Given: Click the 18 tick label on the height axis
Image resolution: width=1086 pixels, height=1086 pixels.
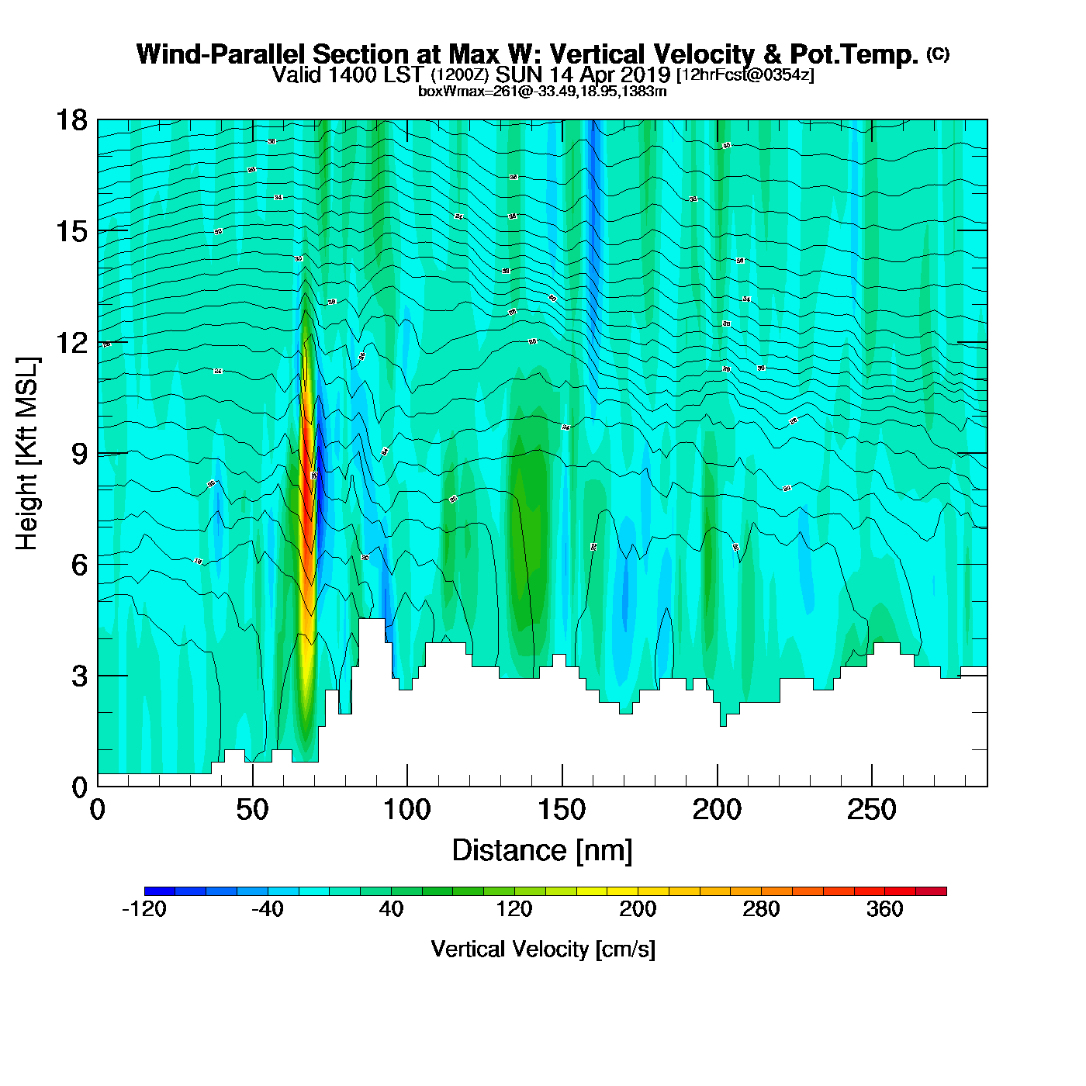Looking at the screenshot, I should coord(71,120).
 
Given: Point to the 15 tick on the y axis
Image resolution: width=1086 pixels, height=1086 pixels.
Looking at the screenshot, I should coord(71,231).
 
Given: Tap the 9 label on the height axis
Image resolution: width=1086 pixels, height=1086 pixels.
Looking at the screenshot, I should coord(79,454).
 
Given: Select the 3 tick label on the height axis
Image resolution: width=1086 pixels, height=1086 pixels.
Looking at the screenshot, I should coord(79,676).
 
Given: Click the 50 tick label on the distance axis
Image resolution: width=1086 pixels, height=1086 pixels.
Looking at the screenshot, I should coord(252,811).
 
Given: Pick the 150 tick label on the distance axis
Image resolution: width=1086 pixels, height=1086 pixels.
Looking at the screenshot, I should coord(562,811).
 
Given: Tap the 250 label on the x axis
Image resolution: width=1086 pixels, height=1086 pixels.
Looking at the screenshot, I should coord(871,811).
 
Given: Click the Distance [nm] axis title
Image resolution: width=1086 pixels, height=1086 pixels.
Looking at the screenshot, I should coord(542,851).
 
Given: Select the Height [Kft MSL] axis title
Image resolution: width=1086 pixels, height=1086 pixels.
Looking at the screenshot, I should coord(27,454).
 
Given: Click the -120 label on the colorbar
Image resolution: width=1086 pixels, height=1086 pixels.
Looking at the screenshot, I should coord(144,909).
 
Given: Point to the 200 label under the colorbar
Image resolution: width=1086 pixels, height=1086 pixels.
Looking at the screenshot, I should coord(638,909).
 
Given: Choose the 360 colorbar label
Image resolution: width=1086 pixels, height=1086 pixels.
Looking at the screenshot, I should coord(884,909).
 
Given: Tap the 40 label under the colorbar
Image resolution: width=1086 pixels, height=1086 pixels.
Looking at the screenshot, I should coord(391,909).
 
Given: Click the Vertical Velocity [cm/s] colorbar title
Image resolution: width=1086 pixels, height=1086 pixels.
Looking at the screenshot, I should coord(543,949).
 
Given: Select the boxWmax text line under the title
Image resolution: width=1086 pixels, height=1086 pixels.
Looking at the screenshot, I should coord(542,92).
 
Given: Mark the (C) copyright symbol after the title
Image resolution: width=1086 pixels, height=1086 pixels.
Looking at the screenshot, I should coord(938,54).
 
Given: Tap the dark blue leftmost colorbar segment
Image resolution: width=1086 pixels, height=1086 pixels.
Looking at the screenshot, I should coord(160,891).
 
